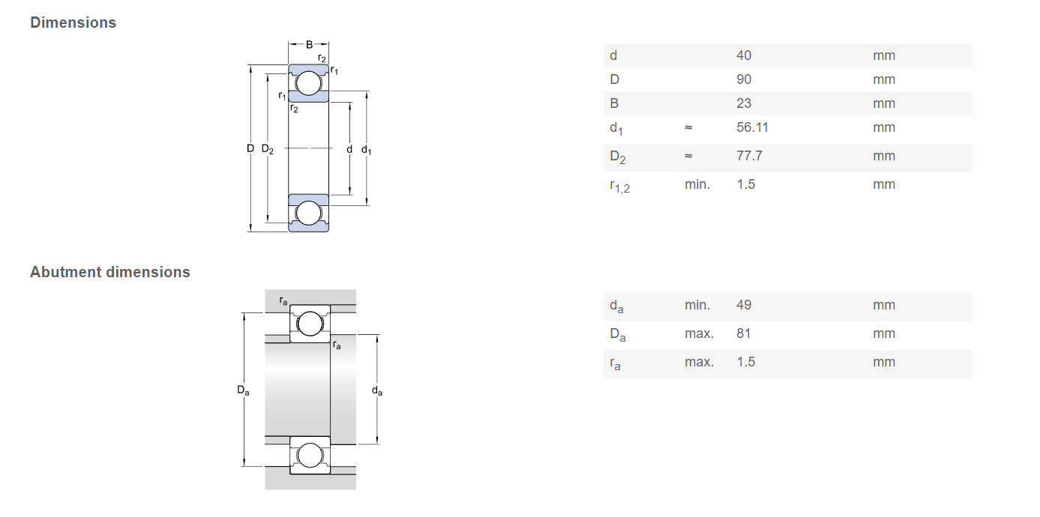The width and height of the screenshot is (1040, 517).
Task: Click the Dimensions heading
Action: [x=73, y=22]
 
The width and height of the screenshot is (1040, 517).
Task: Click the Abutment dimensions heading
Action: [x=110, y=272]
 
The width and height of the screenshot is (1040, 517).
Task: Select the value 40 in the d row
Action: [x=743, y=55]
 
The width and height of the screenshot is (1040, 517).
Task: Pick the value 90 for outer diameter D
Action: [x=743, y=79]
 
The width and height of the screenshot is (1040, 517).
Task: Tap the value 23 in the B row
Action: [x=743, y=103]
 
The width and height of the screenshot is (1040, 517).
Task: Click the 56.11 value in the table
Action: [x=752, y=127]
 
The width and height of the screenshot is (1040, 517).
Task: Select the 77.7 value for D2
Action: [x=749, y=155]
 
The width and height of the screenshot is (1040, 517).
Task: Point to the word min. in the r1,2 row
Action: [x=697, y=184]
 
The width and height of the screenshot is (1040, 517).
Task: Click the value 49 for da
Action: [x=743, y=305]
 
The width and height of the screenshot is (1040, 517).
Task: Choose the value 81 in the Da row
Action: [x=743, y=333]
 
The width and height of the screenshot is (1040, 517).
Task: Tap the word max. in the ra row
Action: [x=699, y=362]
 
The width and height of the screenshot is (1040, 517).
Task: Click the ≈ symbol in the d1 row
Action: [x=688, y=127]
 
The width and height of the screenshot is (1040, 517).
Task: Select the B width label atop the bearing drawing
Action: [x=309, y=44]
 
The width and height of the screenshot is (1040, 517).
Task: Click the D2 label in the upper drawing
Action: [x=268, y=149]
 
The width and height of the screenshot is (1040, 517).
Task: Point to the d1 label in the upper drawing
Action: [x=367, y=149]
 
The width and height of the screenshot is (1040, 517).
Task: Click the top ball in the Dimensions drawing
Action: [x=308, y=83]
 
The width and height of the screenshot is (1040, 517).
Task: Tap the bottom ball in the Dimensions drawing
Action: [x=308, y=213]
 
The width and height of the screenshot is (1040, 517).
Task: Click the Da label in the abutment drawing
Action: [x=243, y=390]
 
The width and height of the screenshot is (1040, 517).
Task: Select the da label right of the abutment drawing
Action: [x=376, y=391]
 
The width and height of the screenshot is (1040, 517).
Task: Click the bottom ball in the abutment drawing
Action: [x=310, y=456]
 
